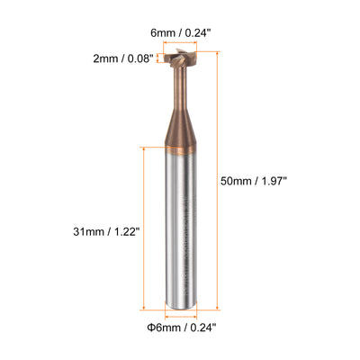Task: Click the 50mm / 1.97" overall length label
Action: tap(254, 181)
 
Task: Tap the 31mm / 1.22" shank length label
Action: tap(107, 231)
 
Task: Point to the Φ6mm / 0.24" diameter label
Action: tap(182, 327)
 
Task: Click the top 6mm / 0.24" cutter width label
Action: tap(179, 32)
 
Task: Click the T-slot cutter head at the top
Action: tap(180, 58)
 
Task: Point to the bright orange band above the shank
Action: tap(181, 150)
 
